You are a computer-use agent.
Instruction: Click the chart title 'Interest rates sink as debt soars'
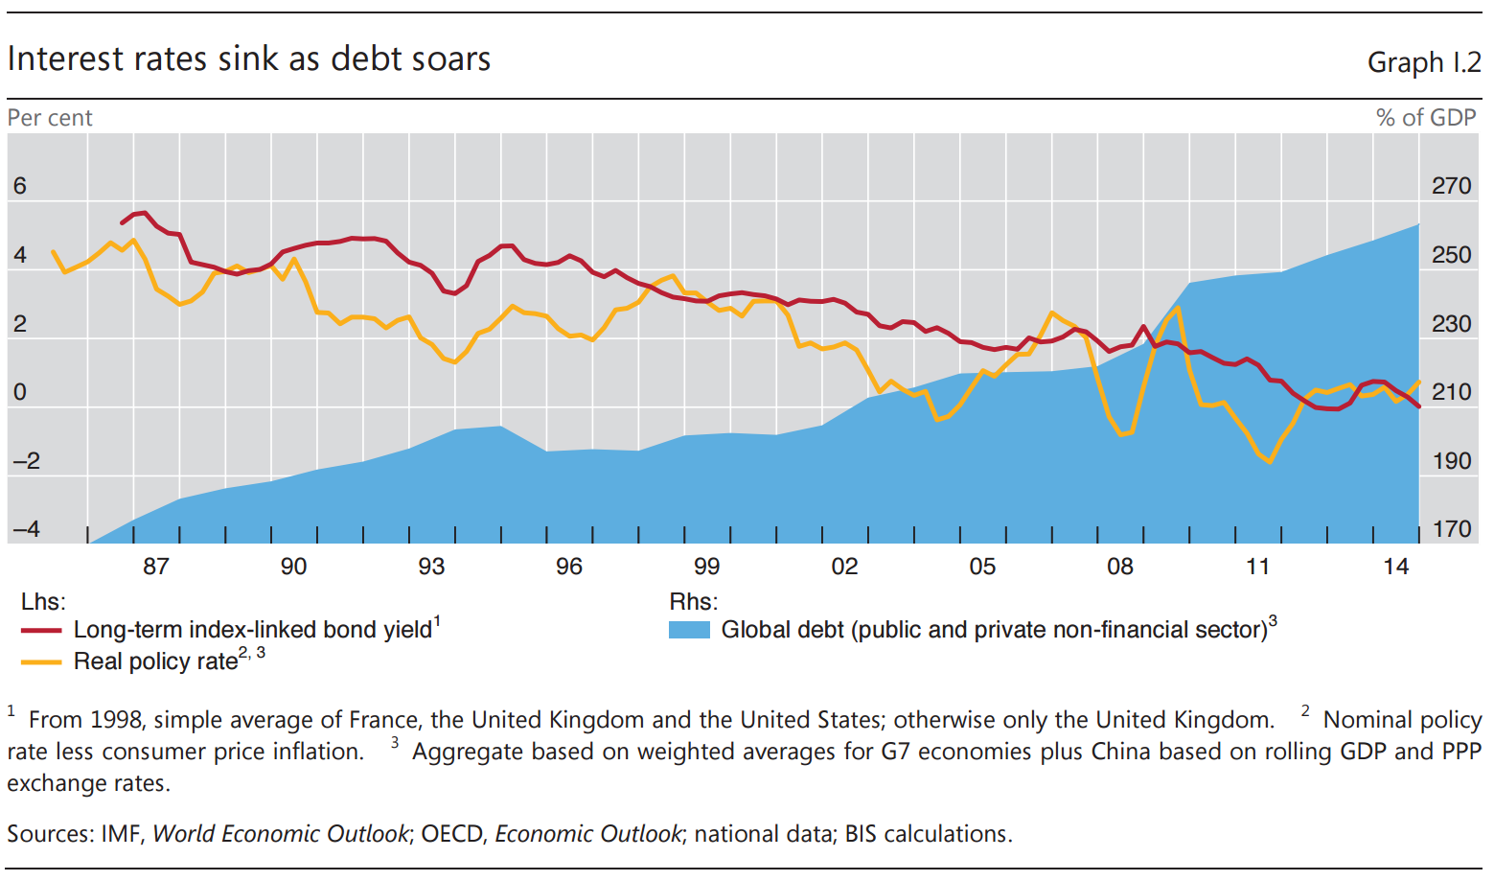(249, 59)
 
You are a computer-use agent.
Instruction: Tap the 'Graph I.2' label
(1423, 62)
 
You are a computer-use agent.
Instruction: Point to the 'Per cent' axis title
(50, 118)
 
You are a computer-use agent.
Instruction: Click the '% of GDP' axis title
(1425, 118)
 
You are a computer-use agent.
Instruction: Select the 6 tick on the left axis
(19, 186)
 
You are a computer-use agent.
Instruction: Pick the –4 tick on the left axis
(26, 529)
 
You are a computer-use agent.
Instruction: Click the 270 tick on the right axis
(1451, 186)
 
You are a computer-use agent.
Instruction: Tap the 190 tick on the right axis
(1451, 461)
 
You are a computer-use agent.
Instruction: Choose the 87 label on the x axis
(156, 567)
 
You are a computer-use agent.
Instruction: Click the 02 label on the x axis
(844, 567)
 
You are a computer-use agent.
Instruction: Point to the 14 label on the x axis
(1395, 567)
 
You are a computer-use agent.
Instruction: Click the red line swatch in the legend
(42, 631)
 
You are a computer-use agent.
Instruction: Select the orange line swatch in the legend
(42, 662)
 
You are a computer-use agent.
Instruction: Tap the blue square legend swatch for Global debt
(689, 631)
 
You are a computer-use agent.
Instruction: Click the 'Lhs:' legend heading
(43, 602)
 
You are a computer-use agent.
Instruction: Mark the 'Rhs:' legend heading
(693, 602)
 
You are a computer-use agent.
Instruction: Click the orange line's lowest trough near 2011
(1270, 462)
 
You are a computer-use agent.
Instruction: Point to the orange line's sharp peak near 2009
(1177, 308)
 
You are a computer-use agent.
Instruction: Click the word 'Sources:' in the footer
(51, 834)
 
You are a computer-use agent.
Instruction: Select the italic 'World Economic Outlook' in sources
(281, 834)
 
